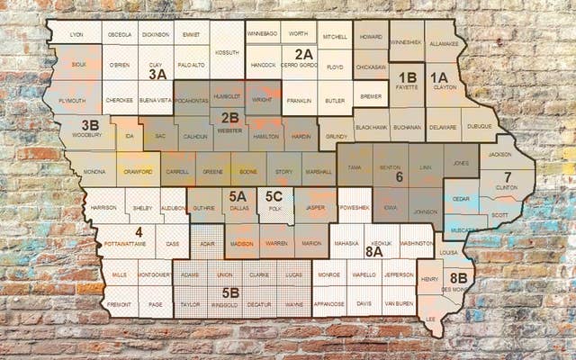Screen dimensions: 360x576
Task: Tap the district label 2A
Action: point(303,54)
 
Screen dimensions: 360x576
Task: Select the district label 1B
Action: point(408,78)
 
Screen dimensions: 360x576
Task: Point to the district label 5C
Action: point(274,196)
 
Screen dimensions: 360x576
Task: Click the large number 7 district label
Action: point(508,177)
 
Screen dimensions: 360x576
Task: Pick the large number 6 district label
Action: point(400,177)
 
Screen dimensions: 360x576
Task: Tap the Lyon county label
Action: point(76,34)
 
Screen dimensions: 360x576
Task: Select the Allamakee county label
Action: point(442,43)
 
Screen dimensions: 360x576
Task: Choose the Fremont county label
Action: point(120,304)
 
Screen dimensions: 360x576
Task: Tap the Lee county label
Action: point(430,318)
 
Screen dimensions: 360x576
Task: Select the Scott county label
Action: point(499,214)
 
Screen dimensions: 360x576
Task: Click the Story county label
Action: point(283,169)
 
